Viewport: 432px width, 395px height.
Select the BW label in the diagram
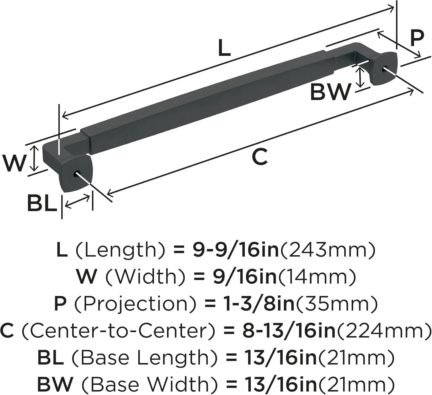[331, 92]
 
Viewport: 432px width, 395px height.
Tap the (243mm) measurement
[328, 250]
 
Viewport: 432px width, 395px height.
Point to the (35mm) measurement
[336, 304]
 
